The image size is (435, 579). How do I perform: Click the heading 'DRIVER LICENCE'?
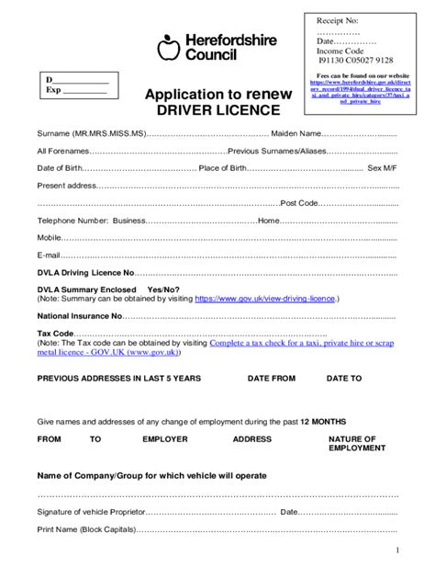tap(217, 110)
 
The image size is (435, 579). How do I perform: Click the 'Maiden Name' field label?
tap(296, 135)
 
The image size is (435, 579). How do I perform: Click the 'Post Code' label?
tap(300, 203)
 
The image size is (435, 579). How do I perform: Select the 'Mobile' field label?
tap(49, 237)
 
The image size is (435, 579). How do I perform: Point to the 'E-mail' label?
tap(48, 255)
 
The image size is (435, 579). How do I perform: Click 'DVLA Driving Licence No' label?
tap(85, 273)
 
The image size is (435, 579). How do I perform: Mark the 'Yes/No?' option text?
tap(164, 289)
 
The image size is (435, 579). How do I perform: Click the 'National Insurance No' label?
tap(80, 315)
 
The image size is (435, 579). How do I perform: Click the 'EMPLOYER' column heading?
tap(165, 439)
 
